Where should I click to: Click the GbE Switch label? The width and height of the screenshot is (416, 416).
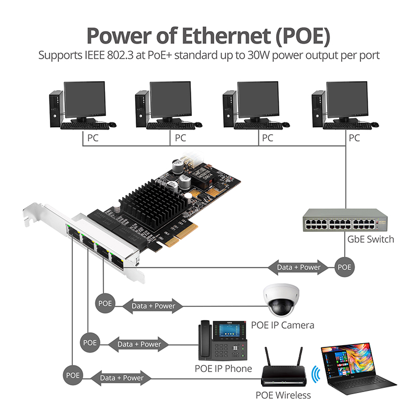[371, 239]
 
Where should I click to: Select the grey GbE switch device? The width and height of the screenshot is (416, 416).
[345, 220]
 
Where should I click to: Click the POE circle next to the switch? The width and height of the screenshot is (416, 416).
[344, 267]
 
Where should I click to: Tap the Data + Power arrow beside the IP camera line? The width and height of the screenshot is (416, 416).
[153, 306]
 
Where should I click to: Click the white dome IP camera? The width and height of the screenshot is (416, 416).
[281, 300]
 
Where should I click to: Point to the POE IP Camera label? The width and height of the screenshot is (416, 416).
[282, 326]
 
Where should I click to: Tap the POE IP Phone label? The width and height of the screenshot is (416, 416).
[223, 369]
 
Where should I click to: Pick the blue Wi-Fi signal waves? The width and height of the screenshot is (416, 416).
[316, 374]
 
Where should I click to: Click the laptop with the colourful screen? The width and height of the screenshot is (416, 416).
[357, 369]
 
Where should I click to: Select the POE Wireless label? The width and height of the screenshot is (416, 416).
[283, 395]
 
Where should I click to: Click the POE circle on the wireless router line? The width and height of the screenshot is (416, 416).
[73, 375]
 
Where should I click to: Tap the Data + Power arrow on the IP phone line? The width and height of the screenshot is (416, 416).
[139, 344]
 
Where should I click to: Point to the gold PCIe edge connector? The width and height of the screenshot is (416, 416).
[180, 235]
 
